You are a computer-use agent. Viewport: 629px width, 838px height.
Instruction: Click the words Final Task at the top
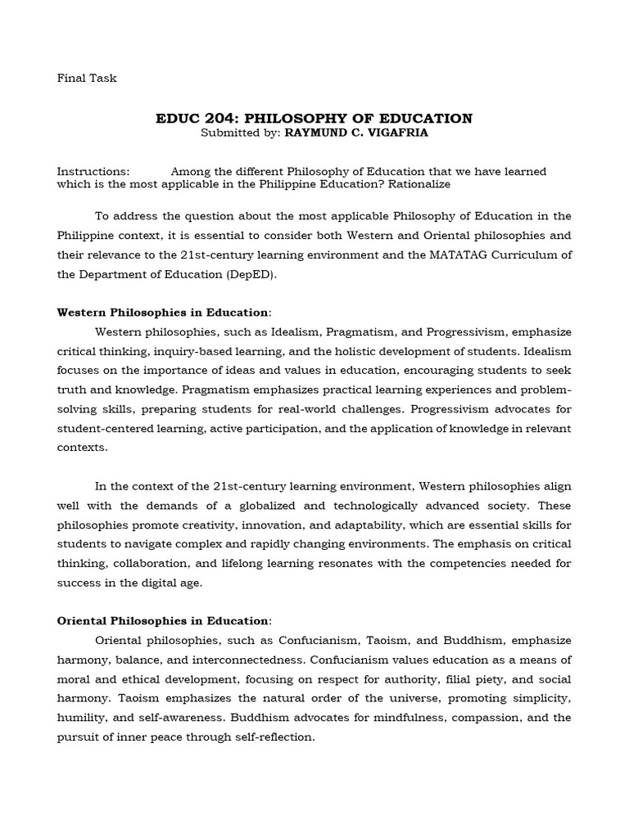click(x=87, y=79)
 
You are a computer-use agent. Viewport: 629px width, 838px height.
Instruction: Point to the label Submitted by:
click(x=241, y=132)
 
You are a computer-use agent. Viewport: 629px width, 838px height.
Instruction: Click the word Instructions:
click(x=93, y=172)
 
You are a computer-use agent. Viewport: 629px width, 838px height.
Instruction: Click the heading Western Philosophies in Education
click(x=162, y=313)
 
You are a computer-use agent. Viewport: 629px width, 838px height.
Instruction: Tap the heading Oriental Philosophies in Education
click(x=162, y=621)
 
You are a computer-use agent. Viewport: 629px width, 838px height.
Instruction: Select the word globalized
click(x=293, y=506)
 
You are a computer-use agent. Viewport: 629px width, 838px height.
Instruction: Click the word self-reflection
click(x=269, y=737)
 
